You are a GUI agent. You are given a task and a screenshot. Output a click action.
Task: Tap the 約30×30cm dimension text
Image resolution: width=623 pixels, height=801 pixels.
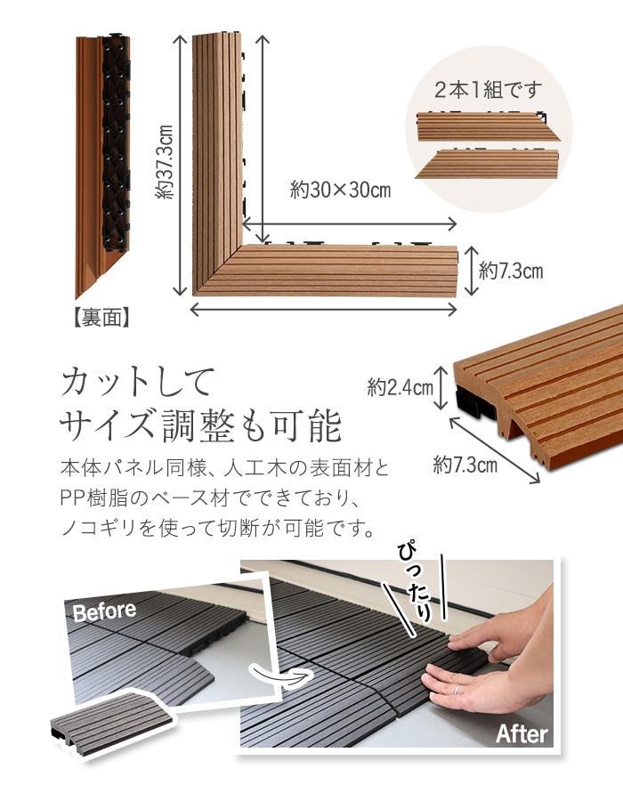(x=341, y=190)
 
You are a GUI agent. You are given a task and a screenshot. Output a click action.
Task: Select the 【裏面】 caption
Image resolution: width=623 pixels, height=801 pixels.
(x=102, y=318)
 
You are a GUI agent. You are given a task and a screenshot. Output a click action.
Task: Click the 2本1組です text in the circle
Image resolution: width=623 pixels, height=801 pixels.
(x=489, y=91)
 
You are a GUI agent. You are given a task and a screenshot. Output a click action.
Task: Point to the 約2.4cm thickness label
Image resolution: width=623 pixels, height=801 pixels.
(x=400, y=387)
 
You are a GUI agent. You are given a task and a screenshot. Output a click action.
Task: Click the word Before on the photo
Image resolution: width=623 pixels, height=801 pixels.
(x=105, y=611)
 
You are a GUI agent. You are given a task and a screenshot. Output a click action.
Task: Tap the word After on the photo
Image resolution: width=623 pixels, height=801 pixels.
(x=522, y=734)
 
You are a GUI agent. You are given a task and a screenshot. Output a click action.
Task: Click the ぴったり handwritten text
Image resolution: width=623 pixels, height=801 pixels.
(x=415, y=582)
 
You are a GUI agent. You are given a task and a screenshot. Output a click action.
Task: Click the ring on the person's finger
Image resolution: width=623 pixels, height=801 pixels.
(x=457, y=689)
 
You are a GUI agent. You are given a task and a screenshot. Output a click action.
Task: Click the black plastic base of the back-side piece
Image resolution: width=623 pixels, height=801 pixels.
(x=117, y=142)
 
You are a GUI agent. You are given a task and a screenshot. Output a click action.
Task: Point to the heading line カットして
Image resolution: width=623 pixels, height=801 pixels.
(x=138, y=382)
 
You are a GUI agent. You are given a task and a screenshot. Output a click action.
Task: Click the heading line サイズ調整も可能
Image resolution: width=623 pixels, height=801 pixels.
(x=200, y=425)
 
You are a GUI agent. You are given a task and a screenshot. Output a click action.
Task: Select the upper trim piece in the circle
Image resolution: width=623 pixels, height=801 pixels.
(x=489, y=125)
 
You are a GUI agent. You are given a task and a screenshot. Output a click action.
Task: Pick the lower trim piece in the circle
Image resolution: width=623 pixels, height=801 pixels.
(x=487, y=164)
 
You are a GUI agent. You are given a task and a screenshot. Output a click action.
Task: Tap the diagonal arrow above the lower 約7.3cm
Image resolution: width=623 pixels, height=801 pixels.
(x=494, y=450)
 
